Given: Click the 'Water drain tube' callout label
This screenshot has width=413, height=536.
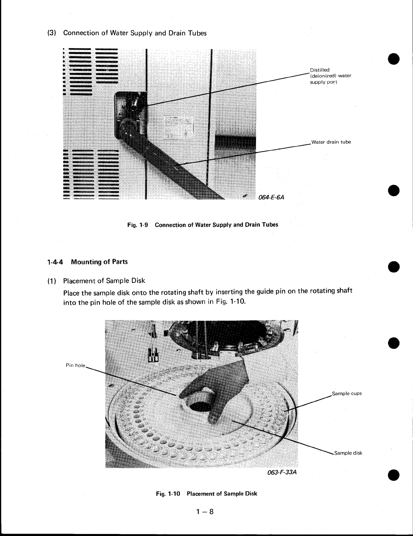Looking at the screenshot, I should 331,142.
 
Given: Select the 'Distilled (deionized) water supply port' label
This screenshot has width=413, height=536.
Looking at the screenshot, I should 330,76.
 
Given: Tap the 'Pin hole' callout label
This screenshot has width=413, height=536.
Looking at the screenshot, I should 76,365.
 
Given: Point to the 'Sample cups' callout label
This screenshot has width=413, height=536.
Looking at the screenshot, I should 347,393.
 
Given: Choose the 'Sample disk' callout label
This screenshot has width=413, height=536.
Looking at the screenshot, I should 348,453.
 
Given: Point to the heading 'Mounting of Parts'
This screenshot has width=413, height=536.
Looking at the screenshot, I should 100,262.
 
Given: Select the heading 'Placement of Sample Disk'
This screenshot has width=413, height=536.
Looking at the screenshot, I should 104,280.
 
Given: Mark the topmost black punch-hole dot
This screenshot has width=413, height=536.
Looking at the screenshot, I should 394,58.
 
